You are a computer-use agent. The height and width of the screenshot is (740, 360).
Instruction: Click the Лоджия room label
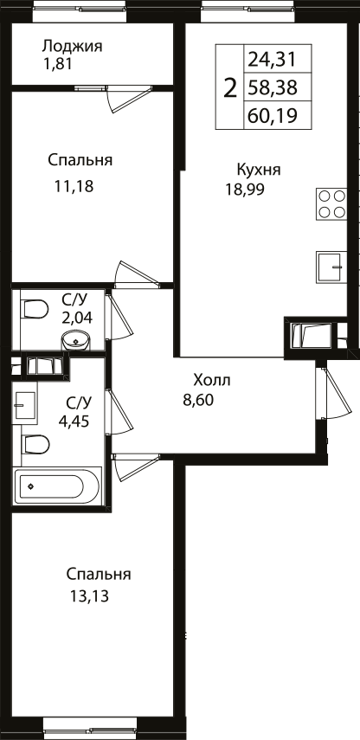coord(72,46)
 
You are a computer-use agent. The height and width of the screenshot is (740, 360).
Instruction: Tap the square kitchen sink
coord(331,267)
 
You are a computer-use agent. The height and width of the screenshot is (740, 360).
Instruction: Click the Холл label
coord(212,380)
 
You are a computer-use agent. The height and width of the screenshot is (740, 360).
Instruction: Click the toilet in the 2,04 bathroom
coord(35,309)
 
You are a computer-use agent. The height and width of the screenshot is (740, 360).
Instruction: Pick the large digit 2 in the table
coord(230,87)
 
